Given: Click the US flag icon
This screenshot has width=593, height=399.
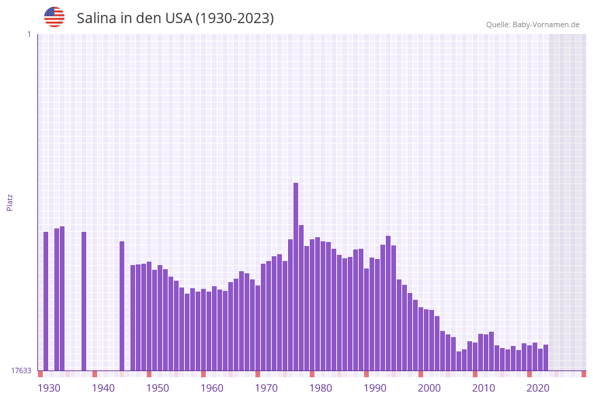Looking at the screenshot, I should (x=54, y=17).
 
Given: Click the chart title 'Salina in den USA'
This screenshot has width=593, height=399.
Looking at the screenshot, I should (x=175, y=18).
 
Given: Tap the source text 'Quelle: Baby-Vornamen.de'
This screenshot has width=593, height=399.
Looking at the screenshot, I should (x=533, y=24).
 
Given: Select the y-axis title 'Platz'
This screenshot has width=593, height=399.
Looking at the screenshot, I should (x=10, y=202).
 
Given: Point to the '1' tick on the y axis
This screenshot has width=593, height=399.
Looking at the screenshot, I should (x=29, y=34).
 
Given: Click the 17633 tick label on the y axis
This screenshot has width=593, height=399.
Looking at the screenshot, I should (x=21, y=370).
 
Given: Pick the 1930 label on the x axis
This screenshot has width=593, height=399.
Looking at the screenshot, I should (x=48, y=387).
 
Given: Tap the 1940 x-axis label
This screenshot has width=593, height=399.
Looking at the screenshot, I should (x=103, y=387).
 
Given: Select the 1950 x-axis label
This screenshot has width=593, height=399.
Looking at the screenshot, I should (x=158, y=387).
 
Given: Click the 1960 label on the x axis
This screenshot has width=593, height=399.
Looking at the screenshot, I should (x=212, y=387).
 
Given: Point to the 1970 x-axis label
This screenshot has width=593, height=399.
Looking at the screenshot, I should (x=266, y=387).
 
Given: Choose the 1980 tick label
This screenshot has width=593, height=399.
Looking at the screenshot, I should (x=321, y=387).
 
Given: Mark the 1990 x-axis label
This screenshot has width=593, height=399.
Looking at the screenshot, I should (x=375, y=387).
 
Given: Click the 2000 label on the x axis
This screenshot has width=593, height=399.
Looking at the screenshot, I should (x=429, y=387).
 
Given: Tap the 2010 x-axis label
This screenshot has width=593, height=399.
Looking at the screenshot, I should (x=484, y=387).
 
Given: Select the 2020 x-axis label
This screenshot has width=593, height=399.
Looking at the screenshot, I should (x=538, y=387).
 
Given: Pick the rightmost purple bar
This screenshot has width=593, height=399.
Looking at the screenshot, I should (x=545, y=357).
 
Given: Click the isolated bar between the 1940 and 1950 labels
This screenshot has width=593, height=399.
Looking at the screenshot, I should (x=122, y=305).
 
